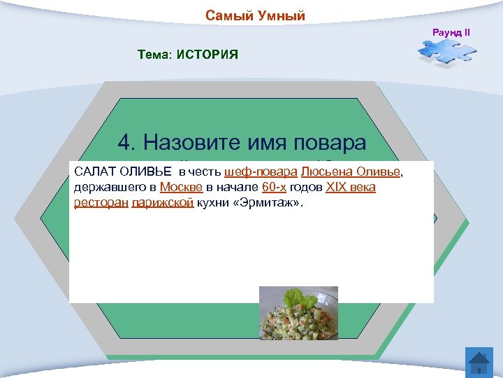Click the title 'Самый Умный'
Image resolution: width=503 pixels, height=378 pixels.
coord(255,15)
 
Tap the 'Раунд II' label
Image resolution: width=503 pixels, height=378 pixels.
coord(451,33)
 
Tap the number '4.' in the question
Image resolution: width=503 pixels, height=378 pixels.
coord(126,143)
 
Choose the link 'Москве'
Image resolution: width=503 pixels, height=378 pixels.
coord(181,188)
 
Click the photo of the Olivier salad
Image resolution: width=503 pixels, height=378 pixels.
coord(298,312)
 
